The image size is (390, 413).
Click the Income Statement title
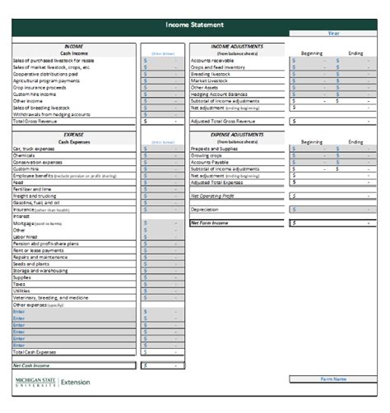pyautogui.click(x=194, y=25)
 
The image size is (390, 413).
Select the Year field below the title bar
pyautogui.click(x=333, y=34)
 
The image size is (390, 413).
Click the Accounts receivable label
pyautogui.click(x=214, y=60)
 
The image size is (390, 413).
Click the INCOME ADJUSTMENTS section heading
pyautogui.click(x=239, y=47)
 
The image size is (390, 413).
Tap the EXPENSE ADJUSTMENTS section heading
pyautogui.click(x=239, y=135)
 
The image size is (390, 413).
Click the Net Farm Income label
pyautogui.click(x=210, y=222)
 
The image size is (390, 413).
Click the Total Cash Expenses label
pyautogui.click(x=37, y=351)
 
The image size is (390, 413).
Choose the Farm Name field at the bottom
pyautogui.click(x=333, y=379)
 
